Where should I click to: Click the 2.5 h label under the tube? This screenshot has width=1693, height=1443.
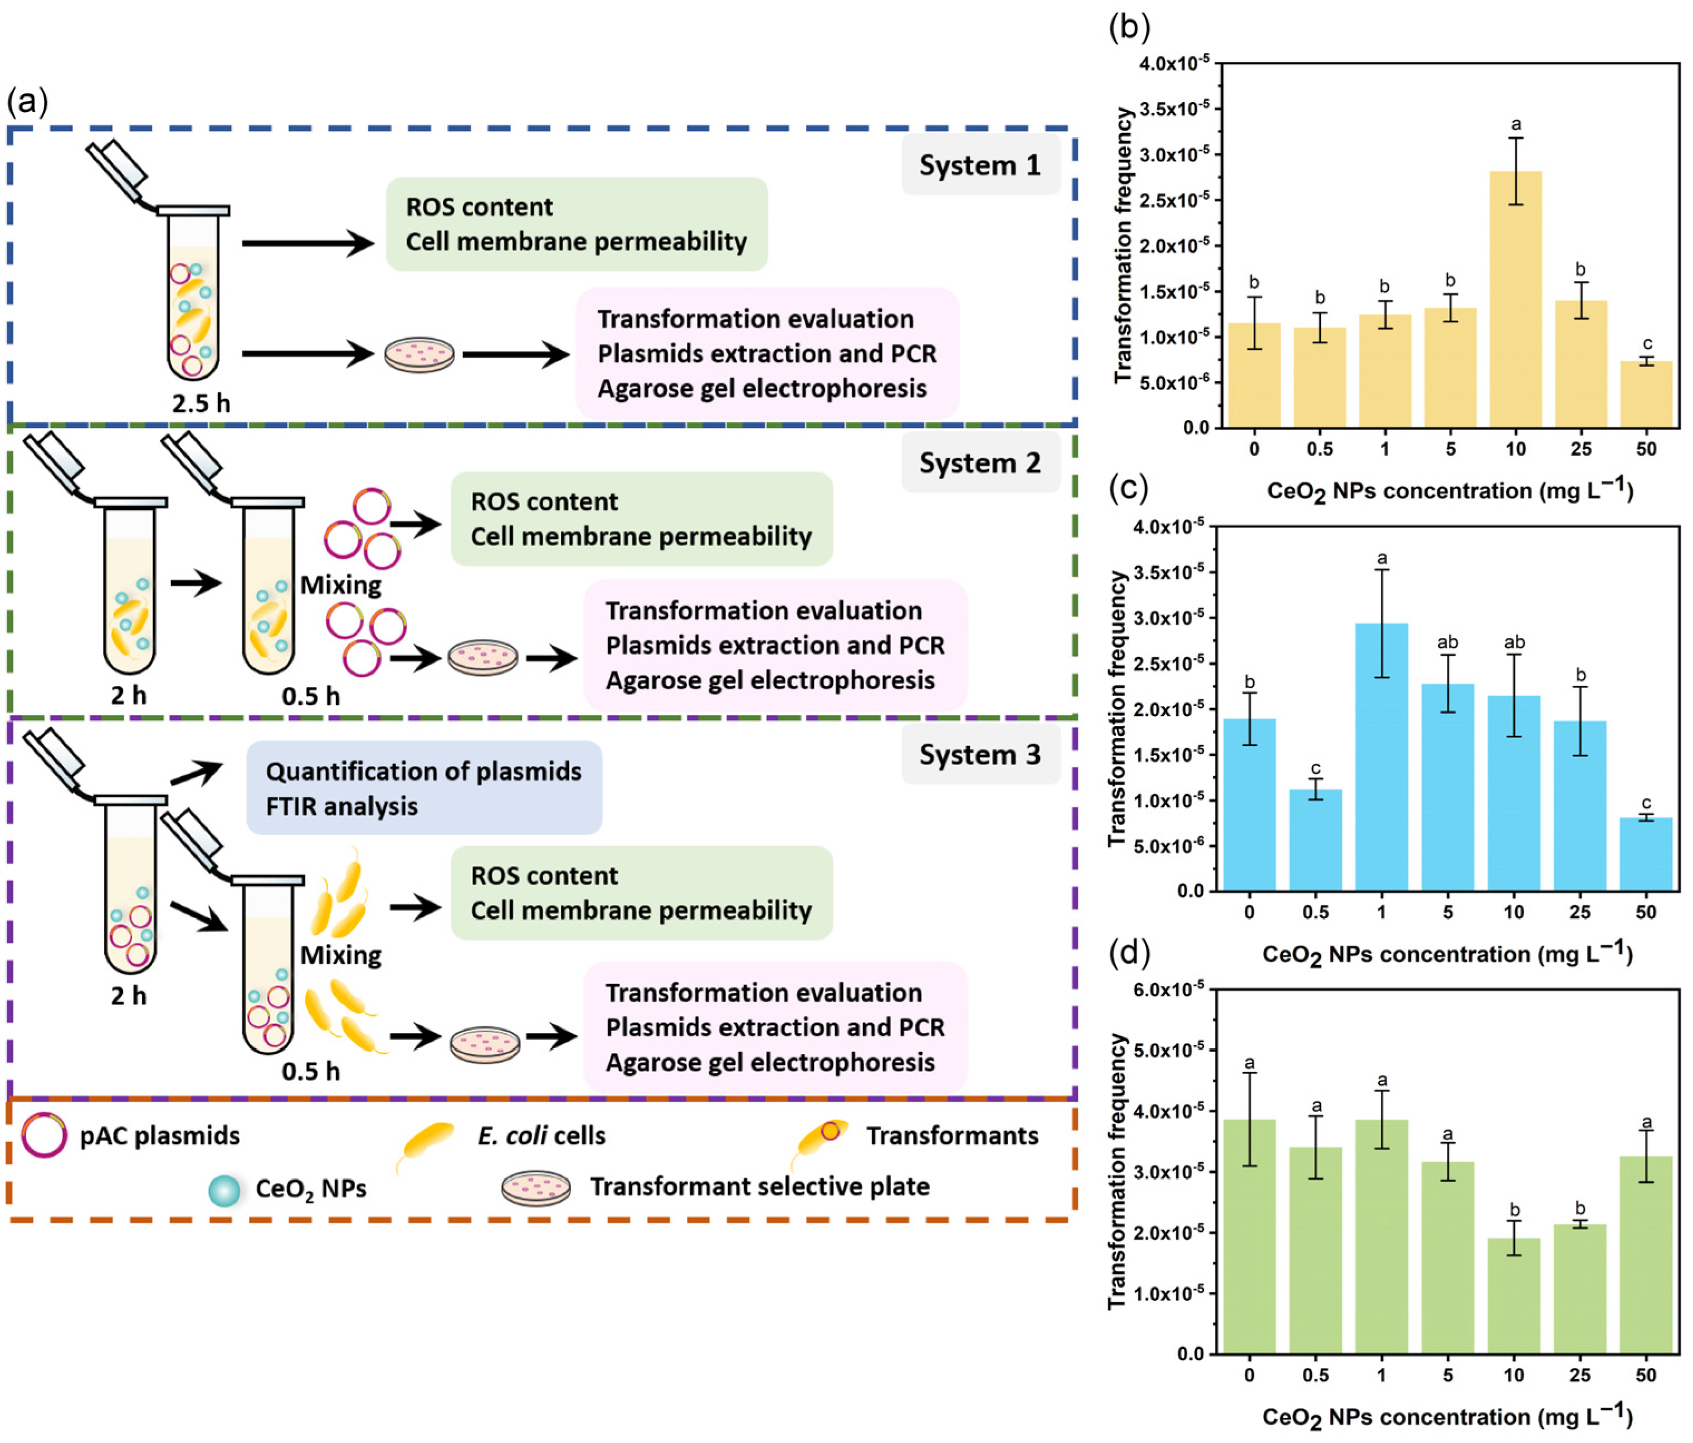click(201, 403)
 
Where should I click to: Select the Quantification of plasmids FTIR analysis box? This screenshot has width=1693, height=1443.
click(424, 788)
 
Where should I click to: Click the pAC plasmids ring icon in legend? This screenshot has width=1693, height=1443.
click(44, 1136)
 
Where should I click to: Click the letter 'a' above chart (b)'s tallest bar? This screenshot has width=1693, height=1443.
click(1516, 124)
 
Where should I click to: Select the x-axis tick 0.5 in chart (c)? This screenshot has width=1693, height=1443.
click(1315, 913)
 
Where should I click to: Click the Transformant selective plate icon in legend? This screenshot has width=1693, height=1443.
click(535, 1188)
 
